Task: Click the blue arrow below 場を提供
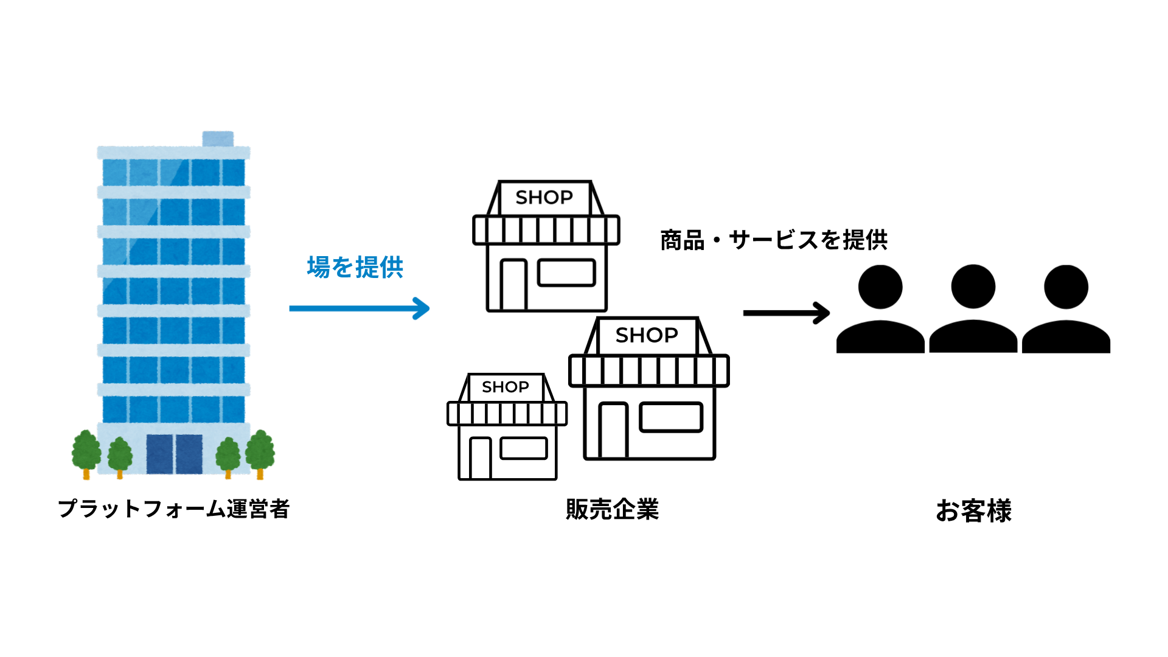(359, 308)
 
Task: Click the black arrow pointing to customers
(786, 313)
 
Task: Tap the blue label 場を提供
(355, 268)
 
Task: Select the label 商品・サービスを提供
(774, 240)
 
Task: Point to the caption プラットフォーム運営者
(173, 509)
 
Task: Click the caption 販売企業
(612, 509)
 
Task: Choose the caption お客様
(973, 510)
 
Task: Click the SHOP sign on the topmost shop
(544, 198)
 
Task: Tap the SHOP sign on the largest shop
(647, 335)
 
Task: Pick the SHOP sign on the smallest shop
(506, 387)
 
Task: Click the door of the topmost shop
(513, 285)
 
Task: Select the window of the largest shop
(671, 417)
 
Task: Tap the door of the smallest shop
(480, 457)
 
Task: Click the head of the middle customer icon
(973, 287)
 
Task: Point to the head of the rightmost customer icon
(1066, 287)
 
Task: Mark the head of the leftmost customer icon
(880, 287)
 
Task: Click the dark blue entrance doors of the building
(174, 454)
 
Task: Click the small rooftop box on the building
(218, 139)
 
